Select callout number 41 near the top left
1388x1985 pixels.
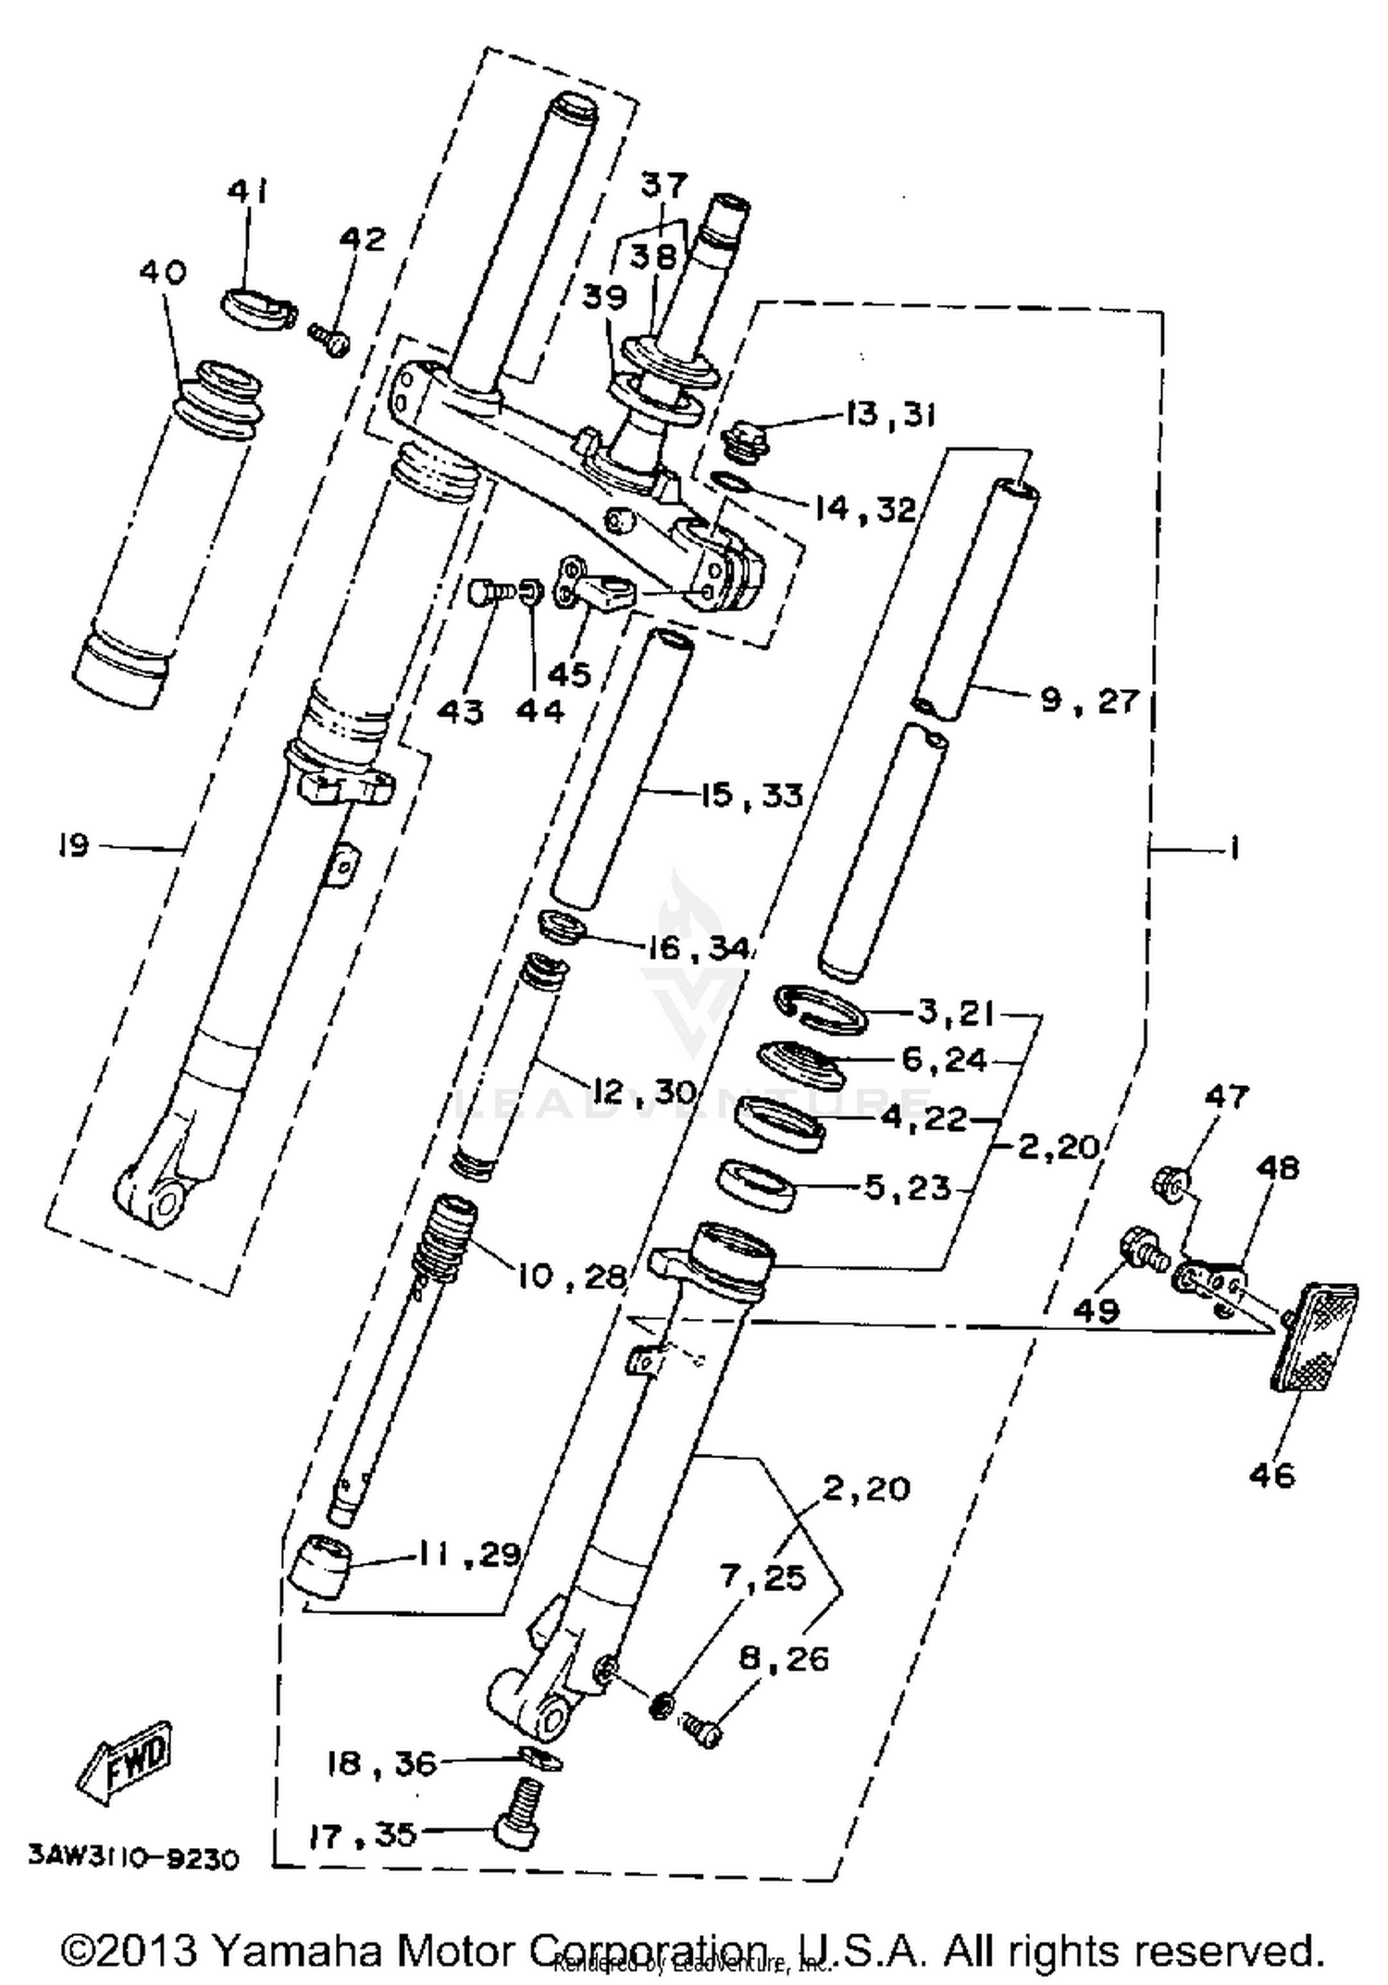pyautogui.click(x=247, y=191)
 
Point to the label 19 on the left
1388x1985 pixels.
pyautogui.click(x=71, y=845)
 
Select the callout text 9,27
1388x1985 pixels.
pyautogui.click(x=1088, y=700)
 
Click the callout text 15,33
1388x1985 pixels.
pyautogui.click(x=750, y=795)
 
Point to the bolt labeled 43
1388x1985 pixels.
pyautogui.click(x=486, y=591)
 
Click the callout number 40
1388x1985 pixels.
pyautogui.click(x=163, y=272)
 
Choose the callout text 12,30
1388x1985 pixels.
pyautogui.click(x=644, y=1091)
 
